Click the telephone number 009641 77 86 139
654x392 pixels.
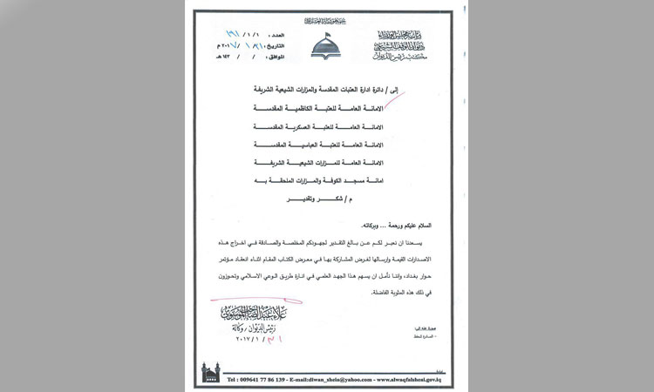click(x=259, y=380)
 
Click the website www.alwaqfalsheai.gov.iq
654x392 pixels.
click(x=412, y=380)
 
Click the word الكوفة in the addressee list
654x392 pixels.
click(x=336, y=179)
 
